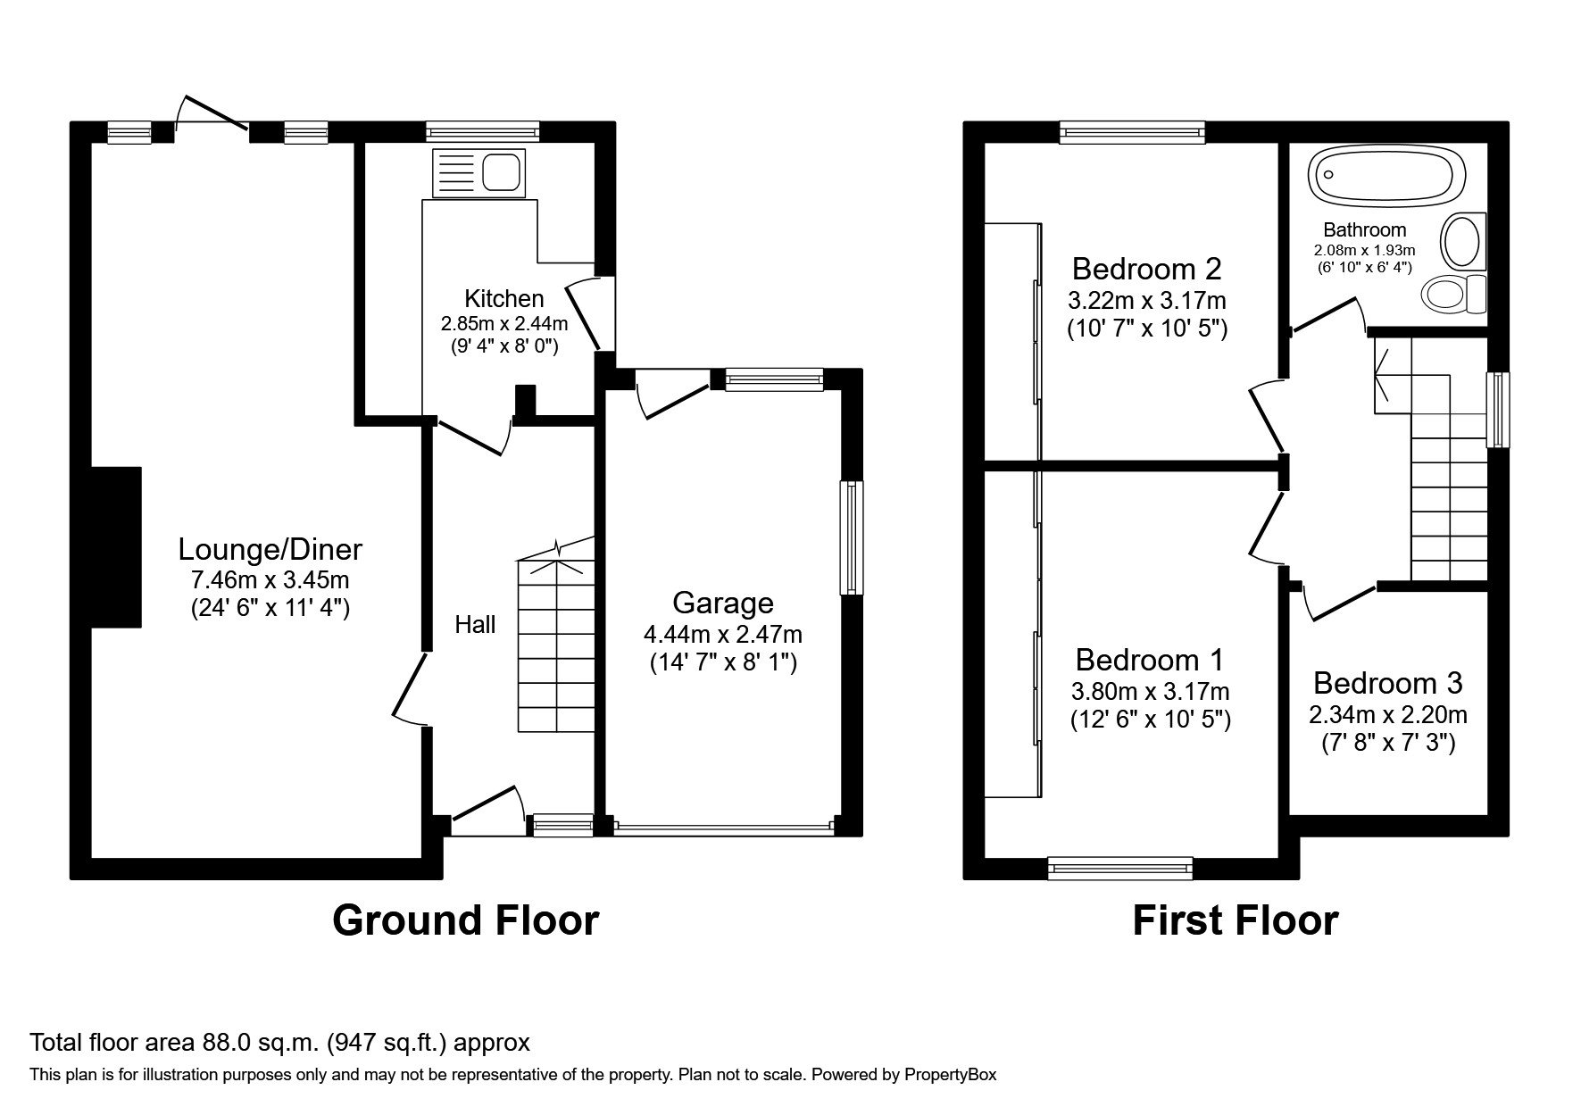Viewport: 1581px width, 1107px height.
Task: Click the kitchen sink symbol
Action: [478, 173]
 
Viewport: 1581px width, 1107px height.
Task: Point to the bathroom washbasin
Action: [1463, 241]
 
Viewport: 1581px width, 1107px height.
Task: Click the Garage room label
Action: [722, 603]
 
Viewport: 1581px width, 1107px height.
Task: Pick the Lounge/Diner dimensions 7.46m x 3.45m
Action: [270, 580]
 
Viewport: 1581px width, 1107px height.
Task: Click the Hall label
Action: [475, 625]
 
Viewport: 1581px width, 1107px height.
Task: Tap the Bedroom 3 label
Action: [1387, 684]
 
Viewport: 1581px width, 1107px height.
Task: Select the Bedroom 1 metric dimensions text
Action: [1150, 692]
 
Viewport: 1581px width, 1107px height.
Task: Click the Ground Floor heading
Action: [465, 920]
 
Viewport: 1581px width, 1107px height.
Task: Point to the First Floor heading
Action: [1235, 920]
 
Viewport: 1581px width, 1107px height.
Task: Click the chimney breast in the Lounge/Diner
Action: [116, 546]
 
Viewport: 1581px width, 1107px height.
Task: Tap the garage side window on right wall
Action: [852, 538]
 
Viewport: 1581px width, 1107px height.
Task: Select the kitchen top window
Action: [482, 132]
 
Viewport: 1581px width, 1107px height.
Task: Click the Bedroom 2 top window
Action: [1132, 132]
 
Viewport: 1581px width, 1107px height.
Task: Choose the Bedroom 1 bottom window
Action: [1119, 867]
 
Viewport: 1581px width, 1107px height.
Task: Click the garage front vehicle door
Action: [722, 828]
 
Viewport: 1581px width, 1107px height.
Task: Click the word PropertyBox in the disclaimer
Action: [950, 1075]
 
